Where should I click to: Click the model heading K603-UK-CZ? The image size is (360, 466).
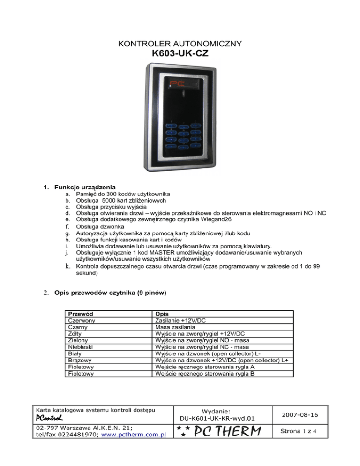pyautogui.click(x=180, y=55)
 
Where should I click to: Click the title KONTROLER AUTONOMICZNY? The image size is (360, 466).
pyautogui.click(x=180, y=44)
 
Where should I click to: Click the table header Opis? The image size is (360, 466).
pyautogui.click(x=162, y=314)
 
